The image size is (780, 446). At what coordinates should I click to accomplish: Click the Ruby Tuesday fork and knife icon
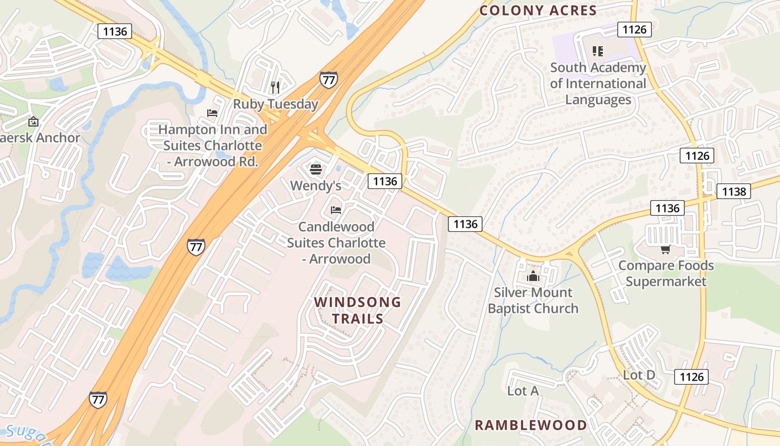coord(275,86)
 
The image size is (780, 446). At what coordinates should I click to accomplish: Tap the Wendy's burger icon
coord(315,169)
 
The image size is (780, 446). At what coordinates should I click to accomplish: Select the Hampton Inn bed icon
coord(212,113)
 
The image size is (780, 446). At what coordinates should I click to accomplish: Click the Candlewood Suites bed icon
coord(335,210)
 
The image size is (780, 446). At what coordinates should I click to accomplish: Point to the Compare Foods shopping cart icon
coord(665,249)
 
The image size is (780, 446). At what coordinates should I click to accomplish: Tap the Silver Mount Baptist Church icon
coord(533,275)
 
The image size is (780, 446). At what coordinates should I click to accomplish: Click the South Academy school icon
coord(598,51)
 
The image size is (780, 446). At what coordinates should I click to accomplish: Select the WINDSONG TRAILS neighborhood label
coord(357,310)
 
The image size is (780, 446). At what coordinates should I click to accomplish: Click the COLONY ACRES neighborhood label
coord(538,10)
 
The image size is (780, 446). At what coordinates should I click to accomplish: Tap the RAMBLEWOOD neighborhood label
coord(530,425)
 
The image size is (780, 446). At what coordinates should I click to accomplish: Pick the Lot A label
coord(523,391)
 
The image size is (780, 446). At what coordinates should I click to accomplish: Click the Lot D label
coord(638,375)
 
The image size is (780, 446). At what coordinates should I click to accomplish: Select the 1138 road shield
coord(733,191)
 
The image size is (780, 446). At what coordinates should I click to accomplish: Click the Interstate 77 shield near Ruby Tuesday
coord(328,80)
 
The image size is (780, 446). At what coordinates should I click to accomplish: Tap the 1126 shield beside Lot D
coord(691,377)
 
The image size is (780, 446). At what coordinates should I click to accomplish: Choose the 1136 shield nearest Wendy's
coord(384,181)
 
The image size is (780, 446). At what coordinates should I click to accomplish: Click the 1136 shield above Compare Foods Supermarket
coord(667,208)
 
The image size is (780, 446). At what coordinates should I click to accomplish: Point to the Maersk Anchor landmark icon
coord(33,121)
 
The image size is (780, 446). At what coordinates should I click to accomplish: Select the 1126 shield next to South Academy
coord(634,29)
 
